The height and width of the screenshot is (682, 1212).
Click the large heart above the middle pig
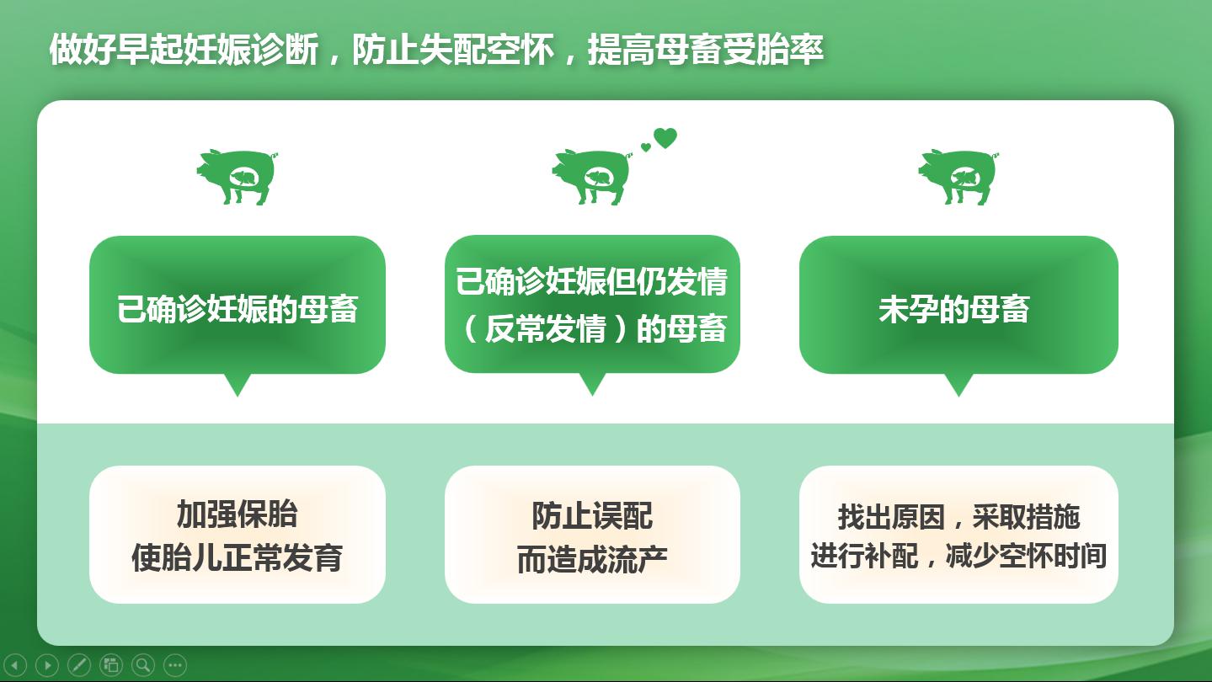[665, 138]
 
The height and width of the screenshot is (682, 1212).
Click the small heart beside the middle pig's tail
[645, 147]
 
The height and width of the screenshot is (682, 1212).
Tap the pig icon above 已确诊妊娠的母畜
[237, 177]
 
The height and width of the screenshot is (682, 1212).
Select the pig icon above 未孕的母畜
[958, 177]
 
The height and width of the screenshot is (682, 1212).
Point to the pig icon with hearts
[592, 177]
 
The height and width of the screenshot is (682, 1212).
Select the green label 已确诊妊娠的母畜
[238, 309]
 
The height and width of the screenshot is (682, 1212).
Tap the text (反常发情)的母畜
[592, 328]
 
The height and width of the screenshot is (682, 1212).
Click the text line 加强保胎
[237, 514]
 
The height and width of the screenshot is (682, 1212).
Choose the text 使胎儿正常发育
[237, 557]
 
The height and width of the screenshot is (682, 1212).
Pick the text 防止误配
[592, 515]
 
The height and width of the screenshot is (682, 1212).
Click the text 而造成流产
[592, 559]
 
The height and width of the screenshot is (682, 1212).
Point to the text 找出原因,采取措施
[958, 516]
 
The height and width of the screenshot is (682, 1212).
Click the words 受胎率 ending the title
[773, 50]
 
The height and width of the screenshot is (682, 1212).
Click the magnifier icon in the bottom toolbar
[143, 664]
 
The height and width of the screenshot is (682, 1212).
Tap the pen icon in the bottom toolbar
[79, 664]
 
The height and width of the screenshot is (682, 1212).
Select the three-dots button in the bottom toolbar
[175, 664]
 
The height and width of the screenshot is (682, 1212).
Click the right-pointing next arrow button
[47, 664]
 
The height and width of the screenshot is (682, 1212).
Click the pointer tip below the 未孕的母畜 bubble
[958, 397]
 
